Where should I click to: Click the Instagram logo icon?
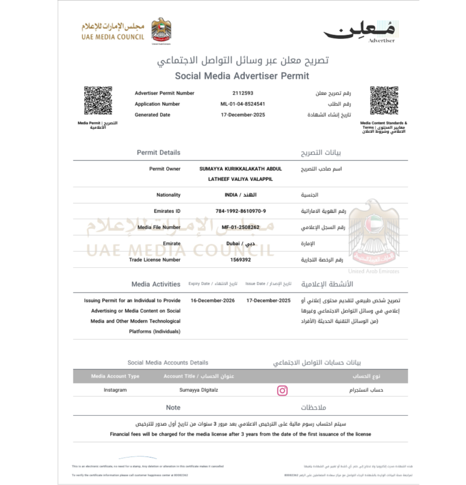(x=282, y=390)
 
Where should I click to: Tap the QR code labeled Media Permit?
(x=98, y=100)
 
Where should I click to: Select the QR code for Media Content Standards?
(x=384, y=100)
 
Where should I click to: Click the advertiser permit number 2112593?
(x=243, y=93)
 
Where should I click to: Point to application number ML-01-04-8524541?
(x=243, y=104)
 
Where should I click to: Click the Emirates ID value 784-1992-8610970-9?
(x=240, y=211)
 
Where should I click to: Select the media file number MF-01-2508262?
(x=240, y=227)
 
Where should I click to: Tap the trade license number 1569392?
(x=240, y=260)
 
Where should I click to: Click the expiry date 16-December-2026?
(x=213, y=300)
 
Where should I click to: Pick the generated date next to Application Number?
(x=243, y=115)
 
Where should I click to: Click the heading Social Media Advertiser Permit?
(x=242, y=76)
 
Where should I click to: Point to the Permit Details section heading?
(x=158, y=153)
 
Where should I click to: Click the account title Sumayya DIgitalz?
(x=196, y=390)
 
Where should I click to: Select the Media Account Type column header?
(x=115, y=376)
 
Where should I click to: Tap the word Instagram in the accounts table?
(x=115, y=390)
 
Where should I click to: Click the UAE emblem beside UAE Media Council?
(x=161, y=30)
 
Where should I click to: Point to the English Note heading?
(x=173, y=407)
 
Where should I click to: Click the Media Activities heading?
(x=156, y=284)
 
